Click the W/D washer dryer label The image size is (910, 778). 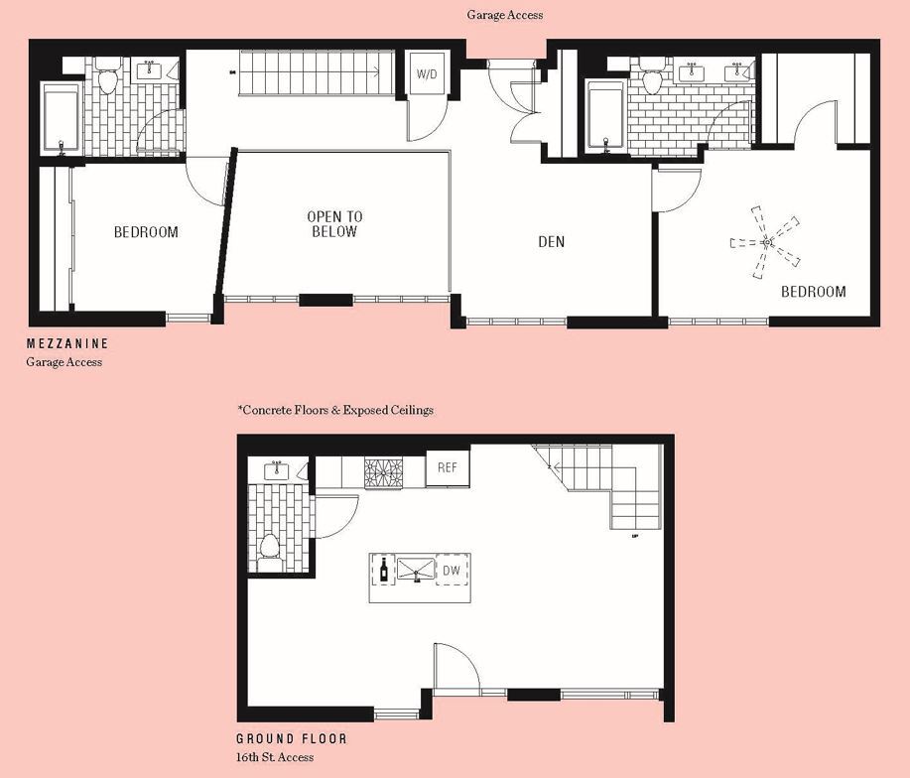coord(427,74)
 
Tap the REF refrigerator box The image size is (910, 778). coord(447,468)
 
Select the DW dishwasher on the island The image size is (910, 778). coord(452,570)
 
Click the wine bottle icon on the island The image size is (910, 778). coord(383,569)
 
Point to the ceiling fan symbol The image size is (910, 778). coord(765,241)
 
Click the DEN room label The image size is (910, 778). coord(552,241)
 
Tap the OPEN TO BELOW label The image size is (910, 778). coord(334,224)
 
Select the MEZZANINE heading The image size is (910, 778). coord(67,343)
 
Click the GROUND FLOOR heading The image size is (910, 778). coord(291,739)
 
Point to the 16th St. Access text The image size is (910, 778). coord(275,757)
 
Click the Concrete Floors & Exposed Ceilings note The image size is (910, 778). coord(335,409)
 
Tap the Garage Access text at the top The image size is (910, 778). coord(504,15)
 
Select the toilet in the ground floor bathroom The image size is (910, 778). coord(268,547)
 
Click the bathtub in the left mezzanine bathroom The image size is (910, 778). coord(64,119)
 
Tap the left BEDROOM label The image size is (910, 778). coord(146,232)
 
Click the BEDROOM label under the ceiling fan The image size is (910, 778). coord(813,292)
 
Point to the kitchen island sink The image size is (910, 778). coord(416,569)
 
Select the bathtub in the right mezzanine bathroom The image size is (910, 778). coord(605,115)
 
